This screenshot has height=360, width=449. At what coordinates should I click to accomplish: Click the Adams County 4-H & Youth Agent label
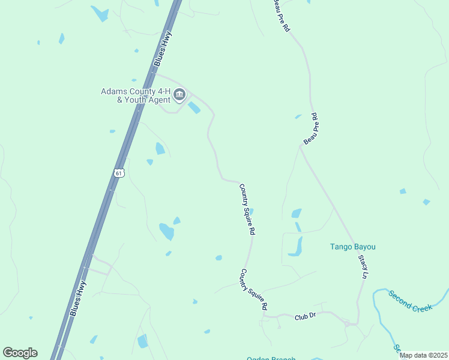pos(135,95)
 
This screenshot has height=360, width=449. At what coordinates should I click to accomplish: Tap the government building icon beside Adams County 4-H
pos(179,94)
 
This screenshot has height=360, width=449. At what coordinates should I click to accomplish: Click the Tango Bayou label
pos(357,247)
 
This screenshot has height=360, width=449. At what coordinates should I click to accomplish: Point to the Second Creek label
pos(410,300)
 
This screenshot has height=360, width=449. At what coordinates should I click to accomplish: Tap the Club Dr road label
pos(305,316)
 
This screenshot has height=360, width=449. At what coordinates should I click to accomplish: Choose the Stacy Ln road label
pos(363,266)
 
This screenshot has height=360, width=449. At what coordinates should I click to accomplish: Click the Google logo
pos(20,353)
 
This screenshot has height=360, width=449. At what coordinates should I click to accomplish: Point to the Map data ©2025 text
pos(424,355)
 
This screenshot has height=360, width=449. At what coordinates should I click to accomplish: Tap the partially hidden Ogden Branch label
pos(271,358)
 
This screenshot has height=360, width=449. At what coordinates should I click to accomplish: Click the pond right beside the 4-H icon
pos(194,108)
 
